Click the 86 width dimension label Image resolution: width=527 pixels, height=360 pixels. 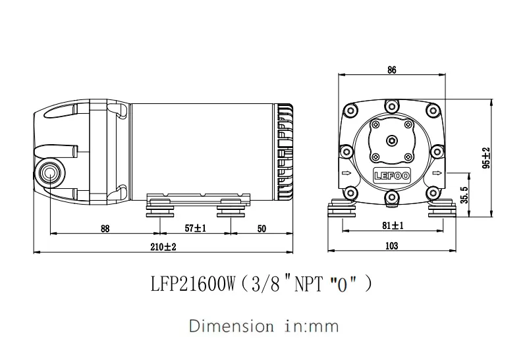(x=392, y=70)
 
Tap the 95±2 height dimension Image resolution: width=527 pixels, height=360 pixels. (x=485, y=159)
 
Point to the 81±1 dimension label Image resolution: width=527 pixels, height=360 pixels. (x=393, y=225)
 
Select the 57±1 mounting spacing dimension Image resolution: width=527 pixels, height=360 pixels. (x=196, y=228)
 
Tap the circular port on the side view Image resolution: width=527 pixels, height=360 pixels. (x=49, y=173)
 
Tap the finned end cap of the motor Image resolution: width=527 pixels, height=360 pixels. (x=285, y=151)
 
